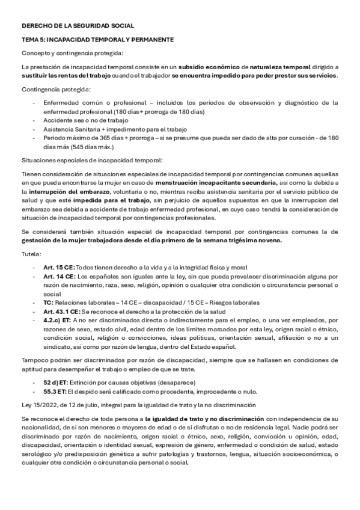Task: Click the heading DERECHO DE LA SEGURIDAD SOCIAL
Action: pos(78,26)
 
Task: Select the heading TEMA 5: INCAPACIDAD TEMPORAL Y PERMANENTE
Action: pos(97,40)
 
